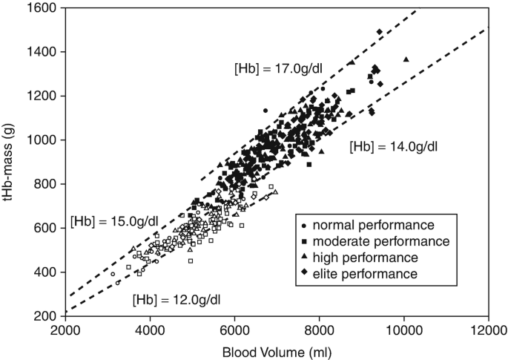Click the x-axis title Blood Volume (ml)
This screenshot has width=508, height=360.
click(277, 353)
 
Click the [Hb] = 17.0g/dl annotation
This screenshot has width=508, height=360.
click(278, 69)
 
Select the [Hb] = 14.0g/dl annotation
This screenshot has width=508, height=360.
click(394, 146)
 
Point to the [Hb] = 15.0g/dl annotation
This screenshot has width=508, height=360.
click(114, 221)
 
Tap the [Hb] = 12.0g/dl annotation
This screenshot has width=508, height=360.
click(177, 299)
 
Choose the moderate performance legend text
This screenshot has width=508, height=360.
click(381, 241)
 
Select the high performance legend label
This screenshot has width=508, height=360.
click(365, 258)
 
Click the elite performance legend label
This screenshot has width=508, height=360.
click(365, 274)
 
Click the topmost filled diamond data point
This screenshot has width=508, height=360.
click(380, 32)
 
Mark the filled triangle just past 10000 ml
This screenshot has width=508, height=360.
click(406, 59)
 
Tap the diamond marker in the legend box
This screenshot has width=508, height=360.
click(304, 272)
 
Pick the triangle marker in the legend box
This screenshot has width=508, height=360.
click(304, 256)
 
